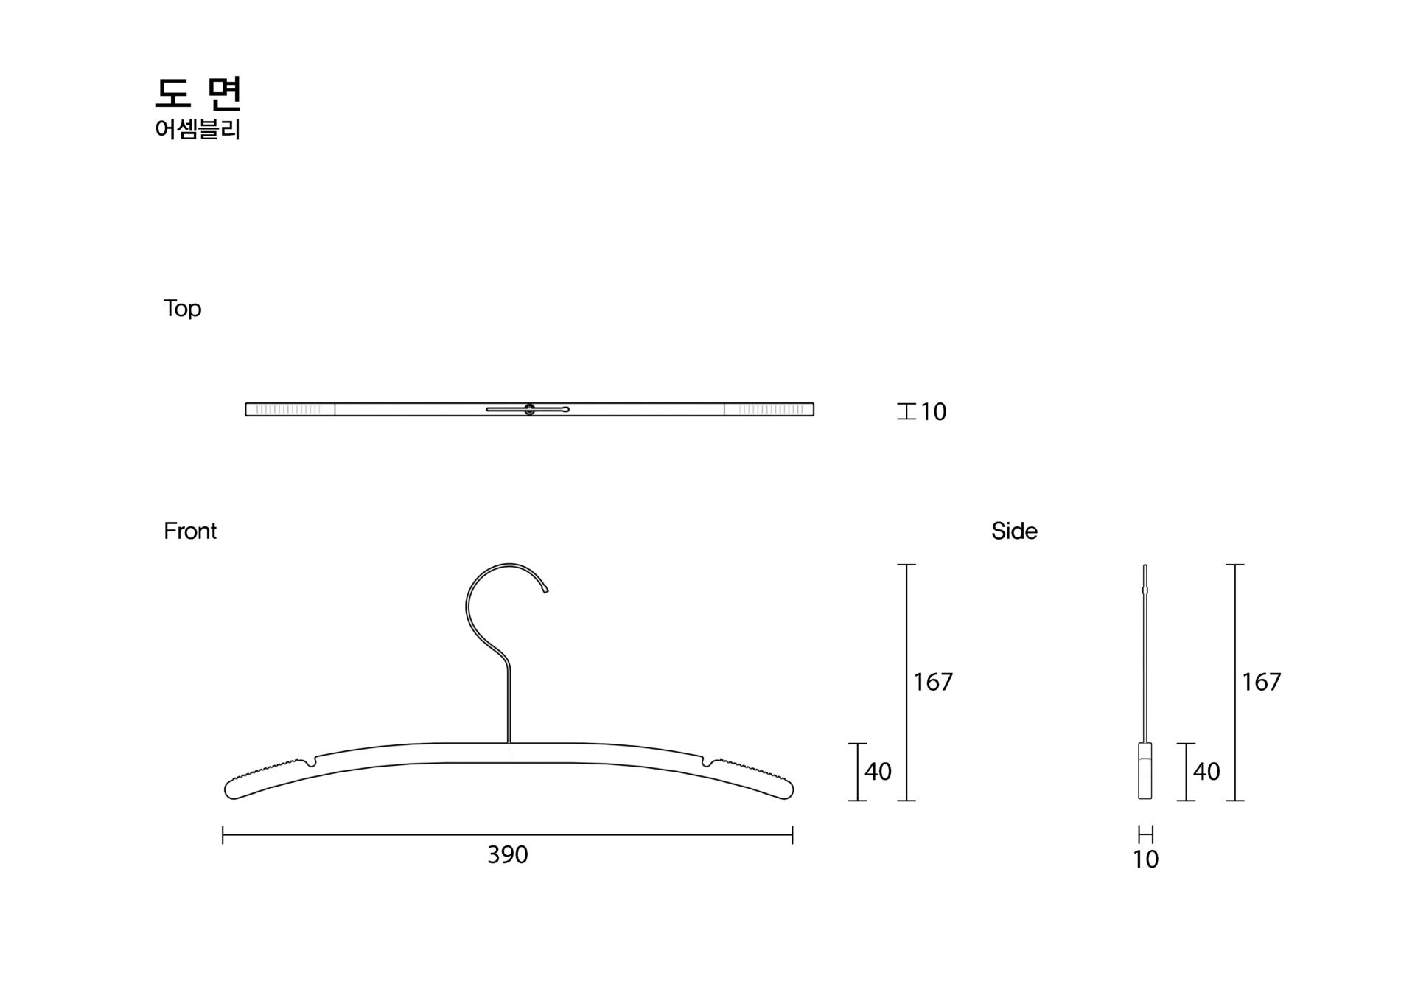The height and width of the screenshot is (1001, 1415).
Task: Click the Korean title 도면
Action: [x=198, y=93]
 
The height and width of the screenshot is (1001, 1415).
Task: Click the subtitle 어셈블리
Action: [x=198, y=130]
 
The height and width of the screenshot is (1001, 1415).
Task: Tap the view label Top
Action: [x=182, y=308]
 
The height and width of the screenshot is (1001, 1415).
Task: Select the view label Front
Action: [x=190, y=531]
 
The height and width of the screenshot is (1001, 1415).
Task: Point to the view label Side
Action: [x=1014, y=531]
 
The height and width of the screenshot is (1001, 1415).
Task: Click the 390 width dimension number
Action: [x=508, y=855]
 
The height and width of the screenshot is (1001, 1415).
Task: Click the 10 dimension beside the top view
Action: [x=933, y=412]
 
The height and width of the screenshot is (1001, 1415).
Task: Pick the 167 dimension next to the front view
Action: [x=933, y=683]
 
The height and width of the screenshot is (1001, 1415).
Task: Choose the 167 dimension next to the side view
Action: [x=1261, y=683]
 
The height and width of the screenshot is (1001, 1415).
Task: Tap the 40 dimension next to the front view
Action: [x=878, y=772]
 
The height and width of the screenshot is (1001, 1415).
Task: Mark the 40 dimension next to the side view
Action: [x=1206, y=772]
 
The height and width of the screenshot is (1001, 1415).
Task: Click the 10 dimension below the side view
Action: [x=1145, y=859]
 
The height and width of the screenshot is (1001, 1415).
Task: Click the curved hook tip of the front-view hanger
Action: [x=545, y=590]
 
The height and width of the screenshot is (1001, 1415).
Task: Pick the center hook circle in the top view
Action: [x=529, y=409]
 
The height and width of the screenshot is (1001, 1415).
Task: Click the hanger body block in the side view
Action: [x=1145, y=771]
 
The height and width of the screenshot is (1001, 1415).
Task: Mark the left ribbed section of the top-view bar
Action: [x=289, y=409]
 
